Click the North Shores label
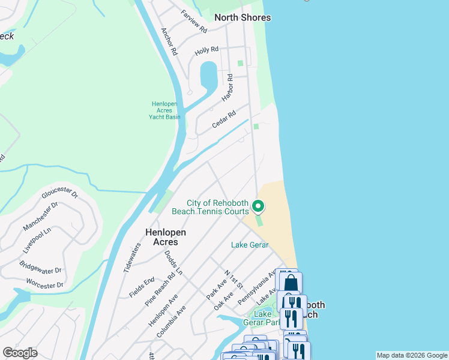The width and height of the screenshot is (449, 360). click(x=243, y=17)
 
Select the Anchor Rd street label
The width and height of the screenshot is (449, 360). click(x=169, y=41)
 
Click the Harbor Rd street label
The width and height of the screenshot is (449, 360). click(x=227, y=88)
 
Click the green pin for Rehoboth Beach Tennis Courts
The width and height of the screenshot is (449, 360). click(x=258, y=206)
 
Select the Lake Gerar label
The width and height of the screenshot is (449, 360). click(x=250, y=245)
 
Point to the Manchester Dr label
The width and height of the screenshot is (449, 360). click(x=40, y=216)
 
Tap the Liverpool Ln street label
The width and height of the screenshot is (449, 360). click(x=37, y=239)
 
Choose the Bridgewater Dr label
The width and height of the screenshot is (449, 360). click(x=40, y=263)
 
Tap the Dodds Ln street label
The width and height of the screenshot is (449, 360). click(x=173, y=263)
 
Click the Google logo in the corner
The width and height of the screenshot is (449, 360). click(x=20, y=353)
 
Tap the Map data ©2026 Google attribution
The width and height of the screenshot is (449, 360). click(x=411, y=355)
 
